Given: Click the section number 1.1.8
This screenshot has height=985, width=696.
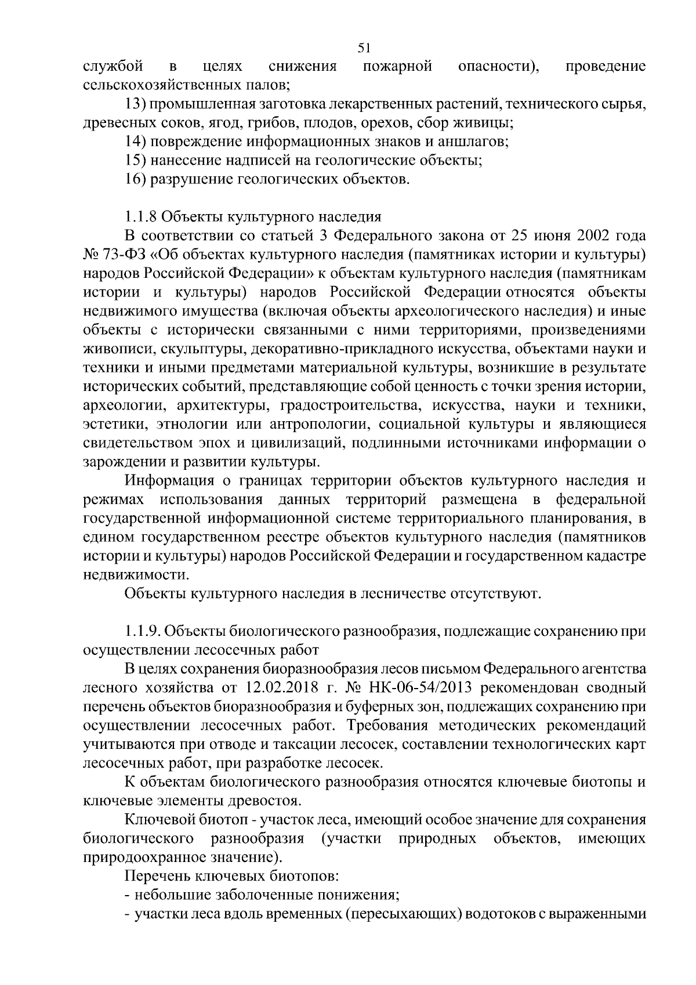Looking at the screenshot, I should tap(140, 217).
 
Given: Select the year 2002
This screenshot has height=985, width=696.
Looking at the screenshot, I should tap(596, 236).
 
